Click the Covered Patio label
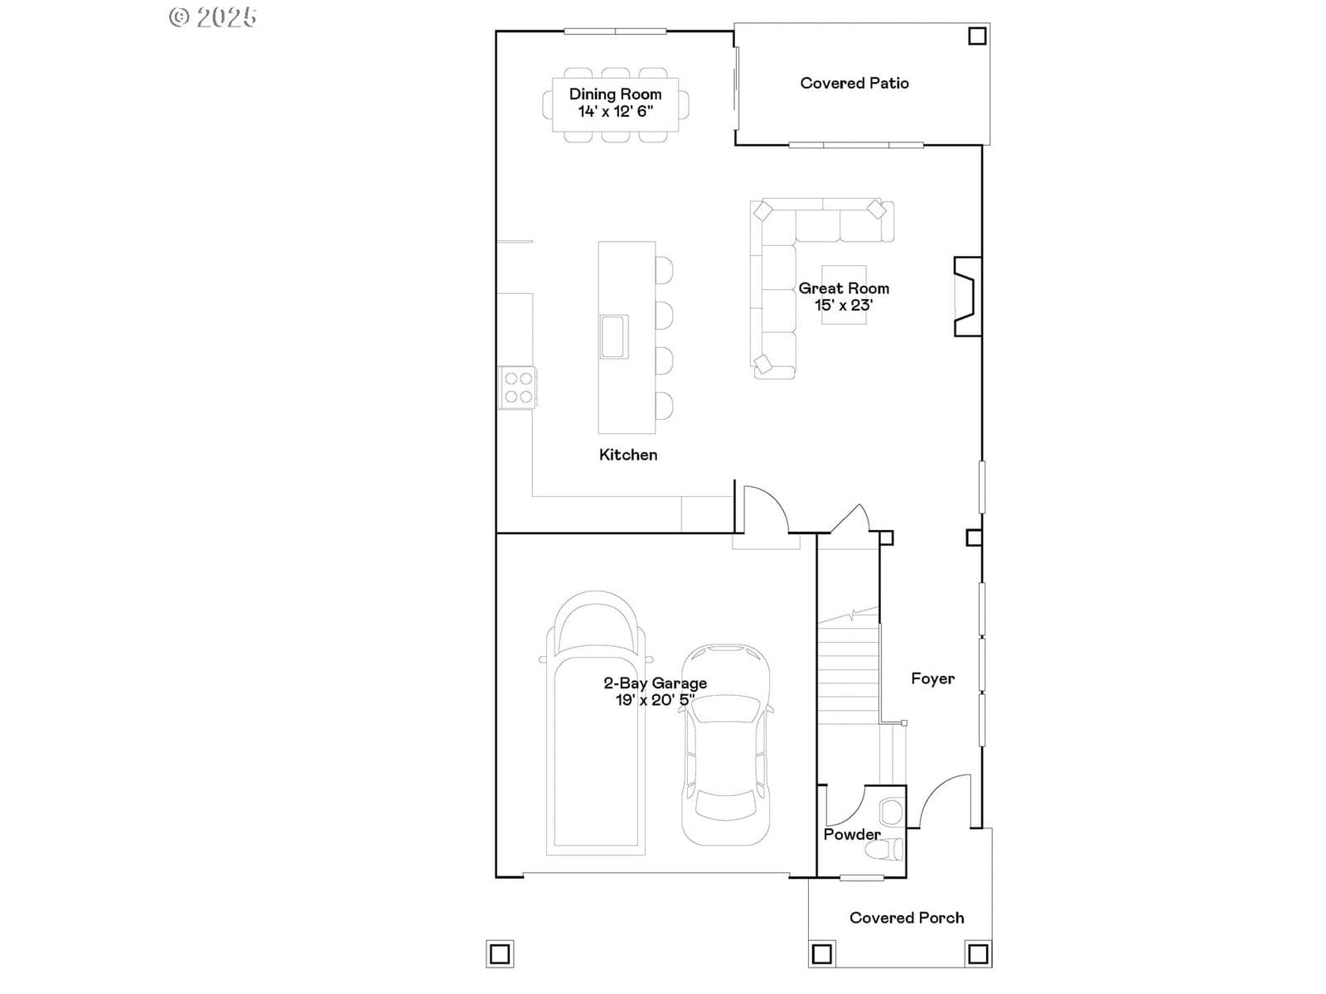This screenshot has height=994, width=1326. coord(854,84)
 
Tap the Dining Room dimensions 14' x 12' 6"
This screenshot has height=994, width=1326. coord(616,111)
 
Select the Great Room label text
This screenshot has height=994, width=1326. coord(844,288)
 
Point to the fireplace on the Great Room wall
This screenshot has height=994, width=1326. coord(968,297)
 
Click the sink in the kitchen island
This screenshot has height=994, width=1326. coord(614,337)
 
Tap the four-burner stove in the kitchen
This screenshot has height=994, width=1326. coord(518,388)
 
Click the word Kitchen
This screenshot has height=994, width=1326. coord(628,455)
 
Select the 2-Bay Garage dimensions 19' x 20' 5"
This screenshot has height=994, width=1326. coord(655,700)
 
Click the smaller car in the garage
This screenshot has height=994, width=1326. coord(726,745)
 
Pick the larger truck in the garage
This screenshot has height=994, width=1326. coord(596,723)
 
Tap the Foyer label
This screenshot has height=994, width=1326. coord(932,679)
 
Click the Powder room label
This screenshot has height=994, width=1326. coord(852,835)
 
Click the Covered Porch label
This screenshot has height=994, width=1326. coord(906,918)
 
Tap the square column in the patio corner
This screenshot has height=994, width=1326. coord(977,36)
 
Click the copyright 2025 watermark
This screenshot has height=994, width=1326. coord(213,17)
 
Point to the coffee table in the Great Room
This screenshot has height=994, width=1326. coord(844,295)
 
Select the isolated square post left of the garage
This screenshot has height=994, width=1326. coord(500,954)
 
